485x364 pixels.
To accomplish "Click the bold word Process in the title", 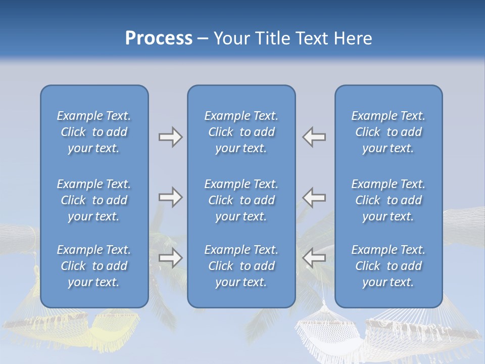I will [x=159, y=38].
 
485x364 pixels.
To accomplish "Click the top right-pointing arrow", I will [x=171, y=137].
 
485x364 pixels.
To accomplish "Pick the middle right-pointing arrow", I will [x=171, y=197].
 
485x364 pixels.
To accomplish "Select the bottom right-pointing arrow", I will [x=171, y=258].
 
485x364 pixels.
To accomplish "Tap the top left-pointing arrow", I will [x=314, y=137].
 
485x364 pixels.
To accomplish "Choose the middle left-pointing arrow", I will [x=314, y=197].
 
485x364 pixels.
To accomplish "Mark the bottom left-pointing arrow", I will [x=314, y=258].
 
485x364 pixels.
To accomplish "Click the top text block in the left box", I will [x=94, y=132].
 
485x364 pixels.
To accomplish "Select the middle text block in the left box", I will [x=94, y=200].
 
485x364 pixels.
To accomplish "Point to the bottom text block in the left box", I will [x=94, y=266].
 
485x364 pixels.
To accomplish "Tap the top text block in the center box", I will [x=241, y=132].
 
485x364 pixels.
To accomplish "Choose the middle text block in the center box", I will [x=241, y=200].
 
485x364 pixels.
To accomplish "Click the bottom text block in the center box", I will [x=241, y=266].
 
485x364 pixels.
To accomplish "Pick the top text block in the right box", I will [x=389, y=132].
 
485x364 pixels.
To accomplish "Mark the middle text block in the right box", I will [x=389, y=200].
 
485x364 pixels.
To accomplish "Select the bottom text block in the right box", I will [x=389, y=266].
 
